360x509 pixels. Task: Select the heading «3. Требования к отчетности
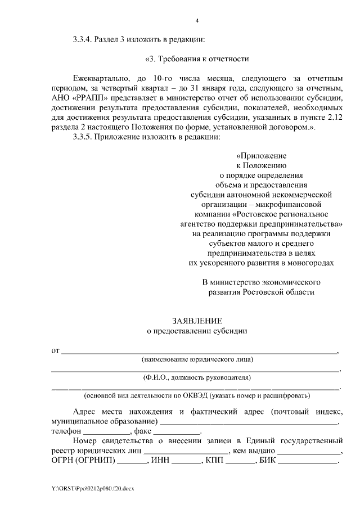coord(197,58)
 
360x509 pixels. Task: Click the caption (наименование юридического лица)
coord(197,359)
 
